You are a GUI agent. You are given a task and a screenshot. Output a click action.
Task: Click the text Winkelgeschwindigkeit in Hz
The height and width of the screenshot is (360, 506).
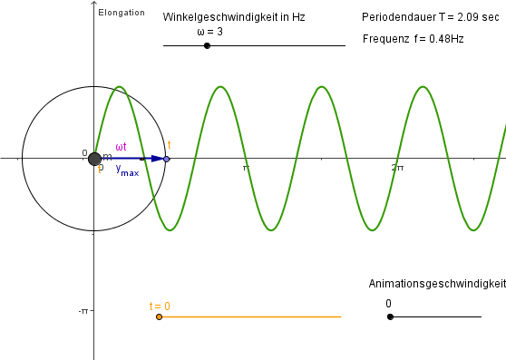point(233,17)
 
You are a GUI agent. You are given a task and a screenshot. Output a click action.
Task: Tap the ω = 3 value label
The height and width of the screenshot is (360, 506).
point(209,32)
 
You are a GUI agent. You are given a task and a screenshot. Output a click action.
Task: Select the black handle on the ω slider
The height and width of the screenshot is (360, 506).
point(207,45)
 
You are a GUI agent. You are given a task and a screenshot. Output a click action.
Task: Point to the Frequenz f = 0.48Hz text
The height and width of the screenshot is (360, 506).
point(413,39)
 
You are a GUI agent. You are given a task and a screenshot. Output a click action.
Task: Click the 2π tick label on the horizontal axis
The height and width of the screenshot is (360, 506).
point(397,168)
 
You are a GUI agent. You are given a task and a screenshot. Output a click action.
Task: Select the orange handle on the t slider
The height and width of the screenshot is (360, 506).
point(159,316)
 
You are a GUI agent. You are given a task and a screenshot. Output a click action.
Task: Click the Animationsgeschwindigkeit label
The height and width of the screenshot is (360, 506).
point(436,284)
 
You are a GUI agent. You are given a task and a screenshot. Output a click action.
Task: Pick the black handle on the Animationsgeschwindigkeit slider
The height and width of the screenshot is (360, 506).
point(390,316)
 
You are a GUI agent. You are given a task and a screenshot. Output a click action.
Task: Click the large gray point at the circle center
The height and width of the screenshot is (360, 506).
point(95,159)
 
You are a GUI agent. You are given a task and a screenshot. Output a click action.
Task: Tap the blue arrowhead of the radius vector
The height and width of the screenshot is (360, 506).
point(158,159)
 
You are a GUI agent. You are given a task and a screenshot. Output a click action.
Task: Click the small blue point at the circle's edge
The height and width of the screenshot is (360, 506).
point(166,159)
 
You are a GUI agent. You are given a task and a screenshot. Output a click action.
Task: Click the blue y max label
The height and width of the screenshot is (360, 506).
point(127,170)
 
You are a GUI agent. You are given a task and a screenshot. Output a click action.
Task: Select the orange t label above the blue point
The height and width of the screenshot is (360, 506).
point(170,145)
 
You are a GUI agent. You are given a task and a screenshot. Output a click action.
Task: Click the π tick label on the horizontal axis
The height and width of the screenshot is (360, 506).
point(245,168)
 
